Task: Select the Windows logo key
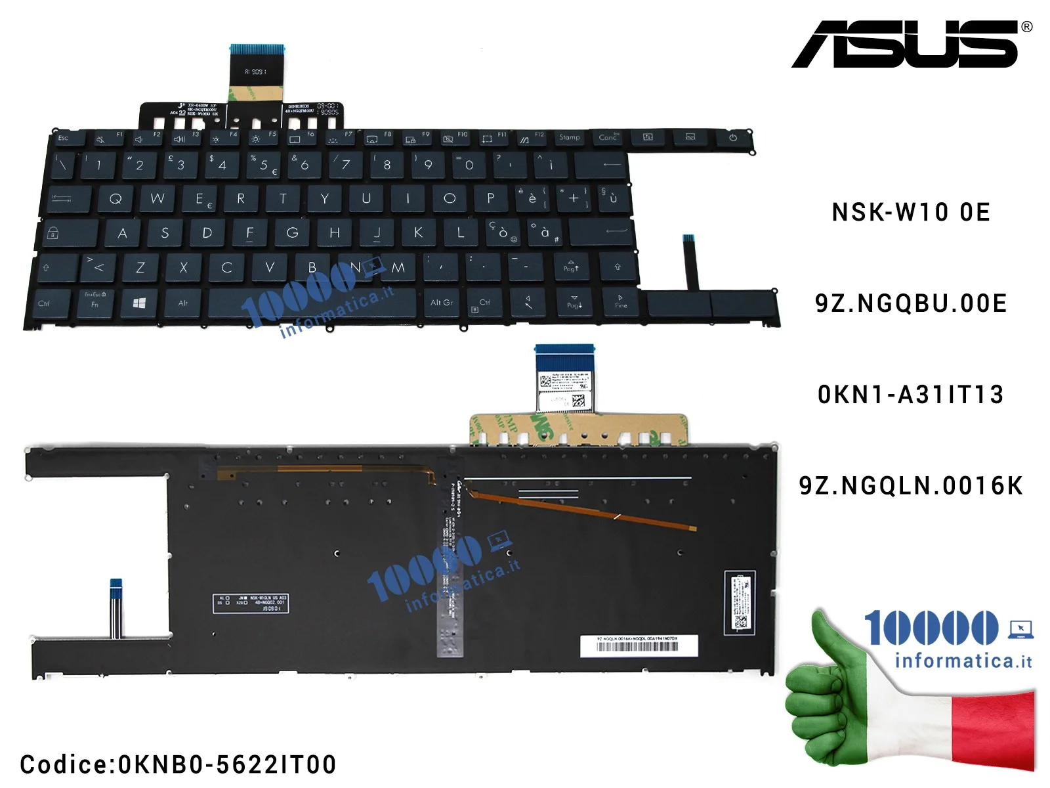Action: pos(139,303)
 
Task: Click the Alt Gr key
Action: pos(442,302)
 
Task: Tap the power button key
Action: pos(732,138)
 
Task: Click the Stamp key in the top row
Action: pos(570,137)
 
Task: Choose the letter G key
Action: pos(292,232)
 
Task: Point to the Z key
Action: pos(140,267)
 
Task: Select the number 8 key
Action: pos(387,164)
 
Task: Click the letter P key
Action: pos(490,198)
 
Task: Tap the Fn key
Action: pos(95,302)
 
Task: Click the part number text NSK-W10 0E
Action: pos(911,212)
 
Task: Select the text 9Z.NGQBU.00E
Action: pos(911,303)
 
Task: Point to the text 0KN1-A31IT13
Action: pos(911,395)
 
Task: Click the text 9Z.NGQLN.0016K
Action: pos(911,486)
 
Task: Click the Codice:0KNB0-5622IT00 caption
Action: pos(178,764)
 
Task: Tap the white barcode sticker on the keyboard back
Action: pos(639,646)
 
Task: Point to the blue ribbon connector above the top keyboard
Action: pos(257,49)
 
